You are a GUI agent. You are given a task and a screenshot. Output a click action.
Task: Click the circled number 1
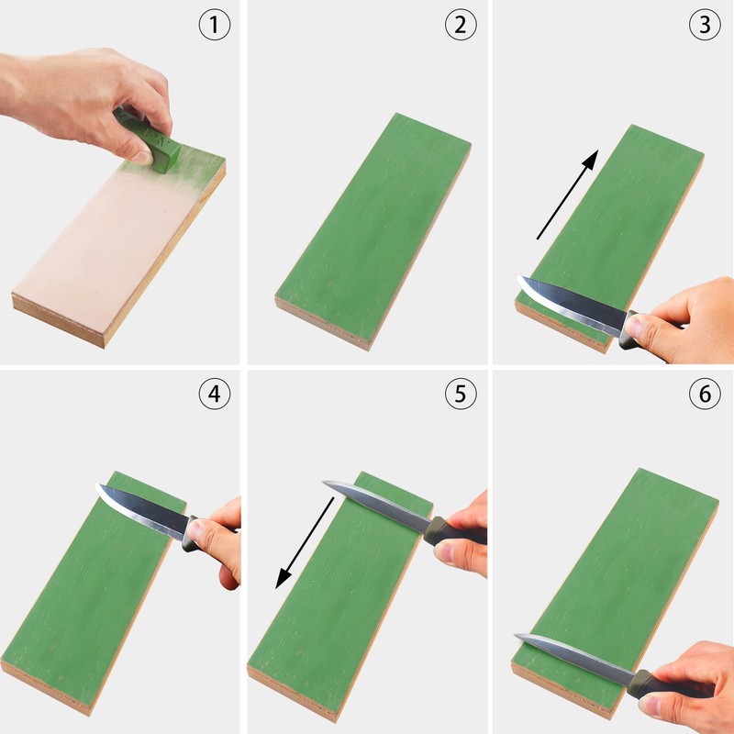tap(215, 25)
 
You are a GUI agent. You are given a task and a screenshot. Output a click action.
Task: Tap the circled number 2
tap(461, 25)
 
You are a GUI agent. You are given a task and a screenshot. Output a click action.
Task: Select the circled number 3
tap(705, 25)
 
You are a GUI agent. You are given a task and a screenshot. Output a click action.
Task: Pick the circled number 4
tap(215, 394)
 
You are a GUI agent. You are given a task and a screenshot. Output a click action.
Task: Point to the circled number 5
tap(461, 394)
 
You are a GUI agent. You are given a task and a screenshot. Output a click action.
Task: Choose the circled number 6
tap(705, 394)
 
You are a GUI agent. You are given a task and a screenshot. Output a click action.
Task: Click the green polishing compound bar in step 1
tap(149, 139)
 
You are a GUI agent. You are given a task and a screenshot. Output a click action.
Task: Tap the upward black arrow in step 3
tap(567, 195)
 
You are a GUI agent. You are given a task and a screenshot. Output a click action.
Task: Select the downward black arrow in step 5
tap(305, 543)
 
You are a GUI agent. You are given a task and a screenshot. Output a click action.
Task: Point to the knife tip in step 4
tap(96, 484)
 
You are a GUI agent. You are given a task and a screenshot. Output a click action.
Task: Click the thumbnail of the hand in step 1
tap(141, 157)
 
